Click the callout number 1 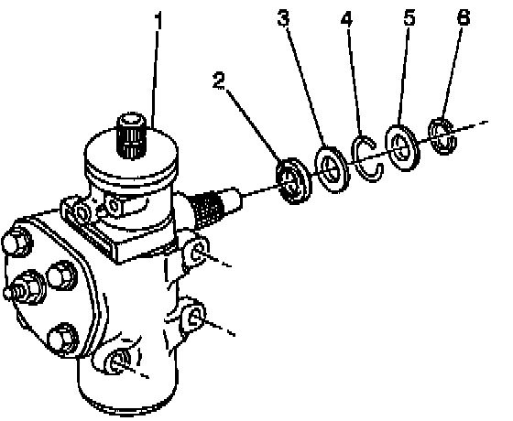coord(158,20)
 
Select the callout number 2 coord(219,81)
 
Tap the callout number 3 coord(283,18)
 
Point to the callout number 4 coord(347,18)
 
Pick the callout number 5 coord(409,17)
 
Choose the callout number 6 coord(464,17)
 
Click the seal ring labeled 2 coord(293,181)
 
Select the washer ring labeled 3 coord(331,169)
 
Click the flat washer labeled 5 coord(402,147)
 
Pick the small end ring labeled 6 coord(442,136)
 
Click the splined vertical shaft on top coord(132,135)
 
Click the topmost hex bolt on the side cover coord(17,241)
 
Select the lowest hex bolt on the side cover coord(63,339)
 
